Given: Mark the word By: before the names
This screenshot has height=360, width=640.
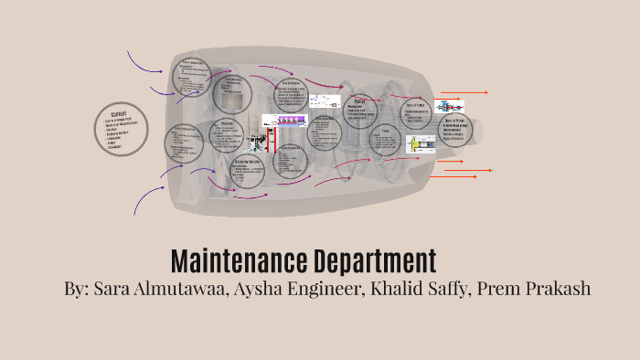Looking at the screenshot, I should pos(76,289).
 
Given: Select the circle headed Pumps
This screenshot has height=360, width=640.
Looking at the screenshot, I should pos(361,110).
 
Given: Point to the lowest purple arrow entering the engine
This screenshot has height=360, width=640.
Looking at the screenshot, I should pos(144,199).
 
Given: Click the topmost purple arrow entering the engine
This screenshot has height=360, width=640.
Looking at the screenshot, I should pos(142,65).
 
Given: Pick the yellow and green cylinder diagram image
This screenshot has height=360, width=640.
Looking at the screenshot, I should pos(421,143).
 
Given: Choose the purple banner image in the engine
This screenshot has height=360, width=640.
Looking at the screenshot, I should pos(281,122).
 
